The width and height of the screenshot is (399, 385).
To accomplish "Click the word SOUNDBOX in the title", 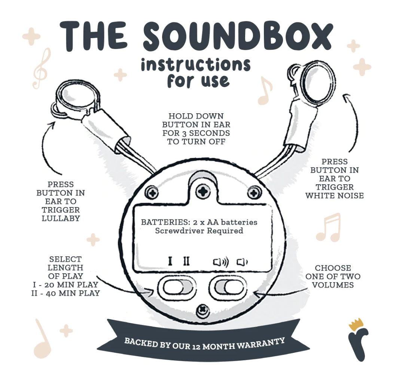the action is coord(238,36).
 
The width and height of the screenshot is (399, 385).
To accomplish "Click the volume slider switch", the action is coord(228,287).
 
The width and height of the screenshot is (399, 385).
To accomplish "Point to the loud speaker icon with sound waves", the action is coord(220,262).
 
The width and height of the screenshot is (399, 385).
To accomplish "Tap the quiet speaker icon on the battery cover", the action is coord(242,262).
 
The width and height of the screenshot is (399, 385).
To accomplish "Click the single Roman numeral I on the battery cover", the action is coord(170,261).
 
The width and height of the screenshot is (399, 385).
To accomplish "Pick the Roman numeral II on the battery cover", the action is coord(186,261).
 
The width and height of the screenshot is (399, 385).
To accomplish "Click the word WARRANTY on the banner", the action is coord(261,344).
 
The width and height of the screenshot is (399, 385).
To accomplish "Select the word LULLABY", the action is coord(61,218).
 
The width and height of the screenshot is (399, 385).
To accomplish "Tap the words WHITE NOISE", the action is coord(335,195).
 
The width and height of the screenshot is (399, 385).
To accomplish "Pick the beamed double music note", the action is coord(328,227).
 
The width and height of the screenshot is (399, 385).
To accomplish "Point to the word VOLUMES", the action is coord(333,285).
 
